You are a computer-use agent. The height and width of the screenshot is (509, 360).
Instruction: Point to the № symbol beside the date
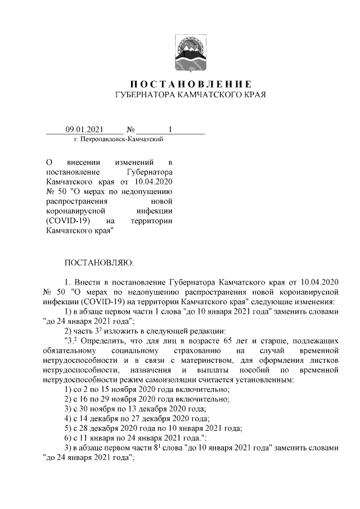tap(131, 129)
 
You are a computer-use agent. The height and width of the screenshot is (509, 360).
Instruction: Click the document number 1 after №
tap(170, 129)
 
